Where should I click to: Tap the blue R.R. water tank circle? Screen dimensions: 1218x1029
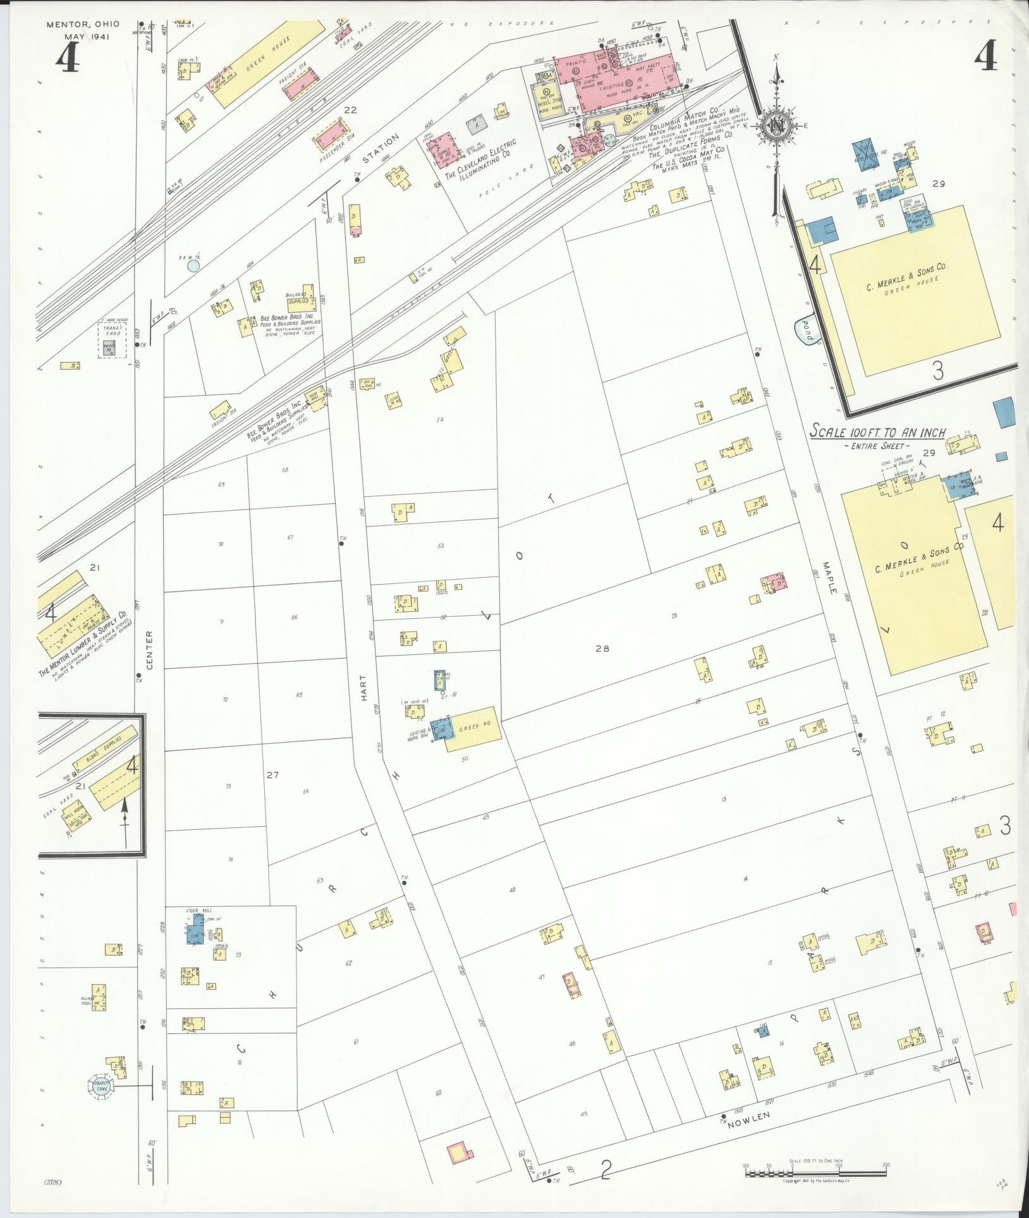coord(193,266)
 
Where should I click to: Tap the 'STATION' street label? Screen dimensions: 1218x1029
coord(382,147)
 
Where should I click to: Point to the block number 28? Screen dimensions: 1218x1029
coord(602,648)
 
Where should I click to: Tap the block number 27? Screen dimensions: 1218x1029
coord(272,775)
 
